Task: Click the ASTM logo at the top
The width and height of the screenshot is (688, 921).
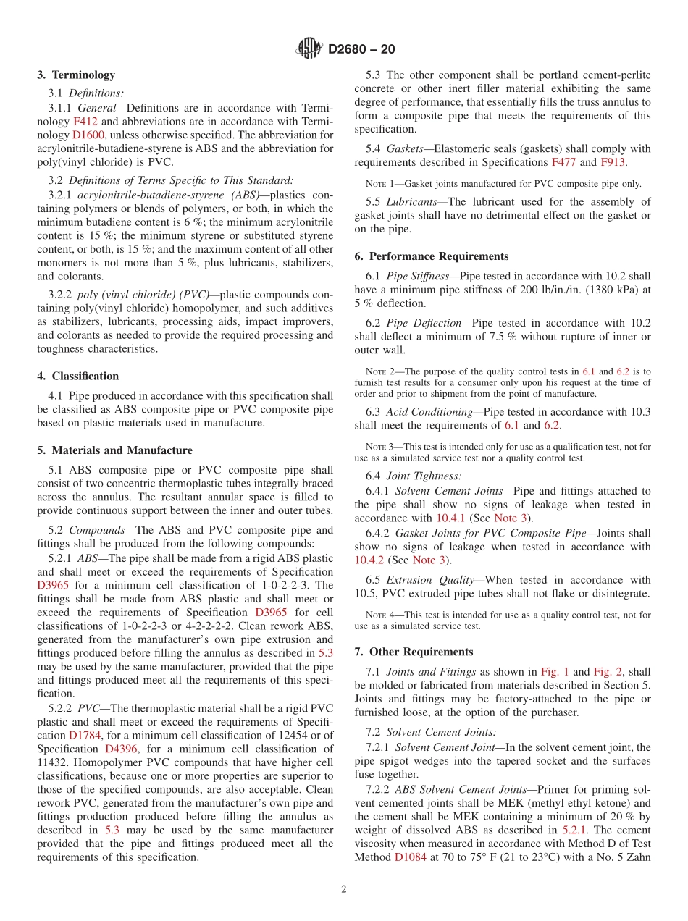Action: pos(309,49)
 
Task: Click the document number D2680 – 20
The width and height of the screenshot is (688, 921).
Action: pos(361,50)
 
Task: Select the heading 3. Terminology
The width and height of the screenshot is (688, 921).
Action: pos(76,75)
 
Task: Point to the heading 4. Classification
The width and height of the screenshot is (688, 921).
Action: pos(77,376)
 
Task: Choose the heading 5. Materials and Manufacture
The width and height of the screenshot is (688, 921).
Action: pos(114,450)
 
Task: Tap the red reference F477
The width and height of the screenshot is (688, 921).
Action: pos(564,162)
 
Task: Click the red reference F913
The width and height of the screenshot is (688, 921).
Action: pos(614,162)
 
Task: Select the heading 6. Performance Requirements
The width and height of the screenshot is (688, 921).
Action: pos(432,256)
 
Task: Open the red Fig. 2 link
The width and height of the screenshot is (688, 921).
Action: pos(608,671)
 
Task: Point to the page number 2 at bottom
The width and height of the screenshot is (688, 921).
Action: pos(344,889)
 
